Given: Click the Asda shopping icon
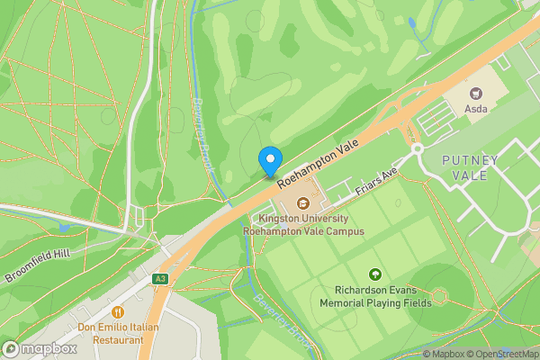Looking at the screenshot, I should (475, 93).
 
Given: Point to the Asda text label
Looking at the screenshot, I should (475, 110).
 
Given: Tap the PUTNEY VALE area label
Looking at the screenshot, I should (470, 167).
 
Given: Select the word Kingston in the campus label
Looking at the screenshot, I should (279, 218).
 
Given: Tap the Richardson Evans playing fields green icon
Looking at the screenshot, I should (375, 274).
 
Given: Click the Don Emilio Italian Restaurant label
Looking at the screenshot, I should (118, 333).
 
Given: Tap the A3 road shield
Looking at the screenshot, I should (160, 279).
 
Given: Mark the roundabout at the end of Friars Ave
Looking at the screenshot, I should (418, 149).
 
